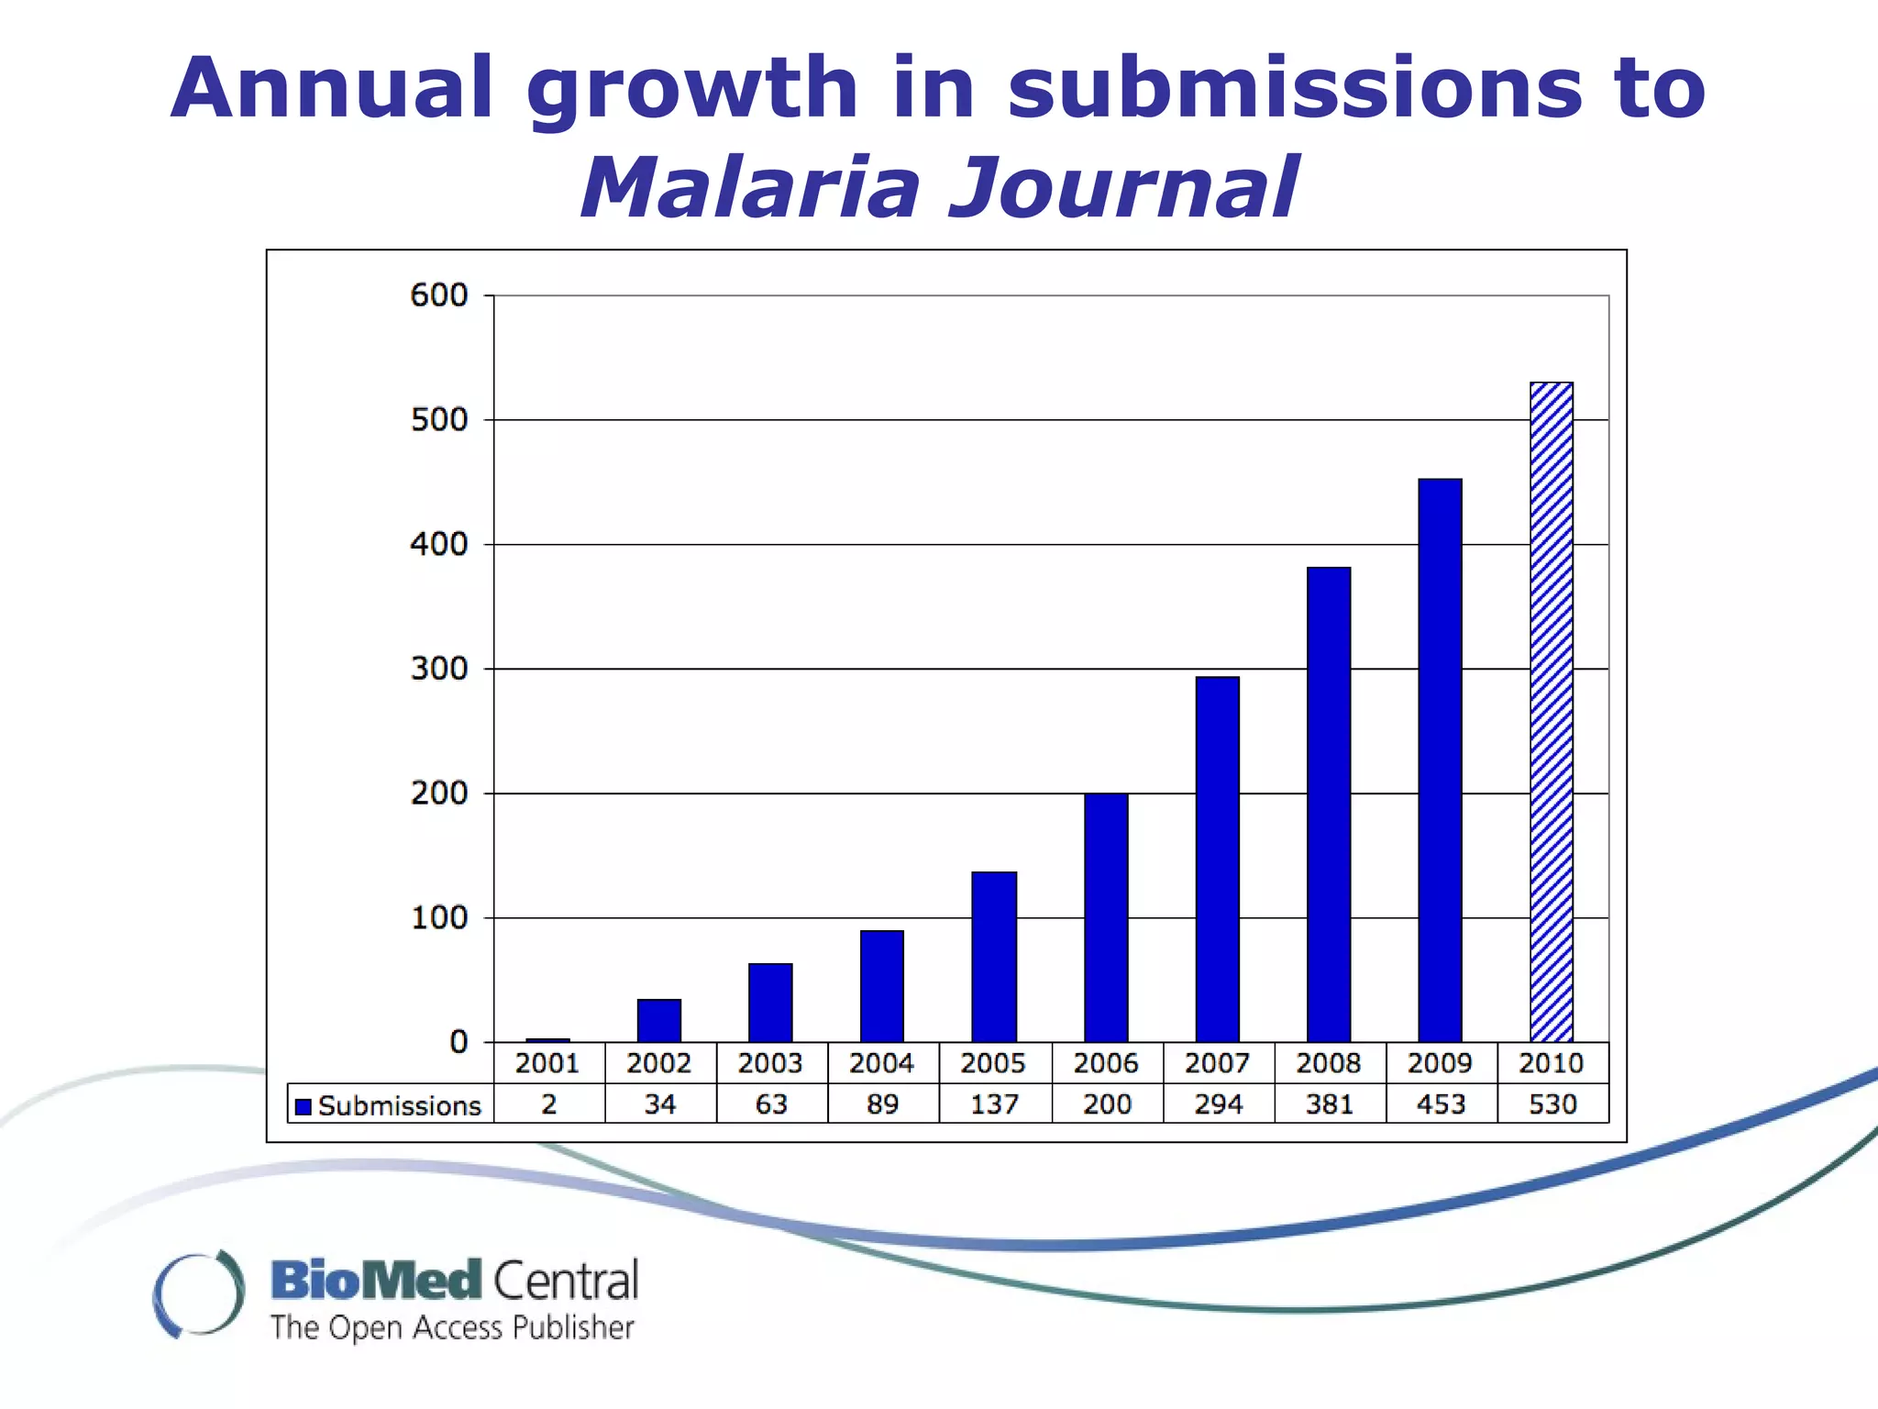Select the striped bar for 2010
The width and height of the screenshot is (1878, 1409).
(x=1552, y=712)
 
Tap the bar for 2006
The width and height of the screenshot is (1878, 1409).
(x=1106, y=917)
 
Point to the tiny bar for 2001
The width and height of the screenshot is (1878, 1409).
(x=547, y=1040)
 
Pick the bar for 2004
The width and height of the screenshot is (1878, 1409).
(x=882, y=986)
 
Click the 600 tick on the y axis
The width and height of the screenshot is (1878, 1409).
(x=439, y=295)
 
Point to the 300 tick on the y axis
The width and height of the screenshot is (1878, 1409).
(x=439, y=669)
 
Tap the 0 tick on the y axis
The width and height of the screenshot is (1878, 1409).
(x=458, y=1042)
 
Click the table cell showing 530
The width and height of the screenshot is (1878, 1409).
(x=1552, y=1104)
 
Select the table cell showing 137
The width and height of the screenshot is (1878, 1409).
(x=995, y=1104)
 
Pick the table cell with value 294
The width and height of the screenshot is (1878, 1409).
(x=1218, y=1104)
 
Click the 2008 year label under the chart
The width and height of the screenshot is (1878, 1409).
(x=1329, y=1063)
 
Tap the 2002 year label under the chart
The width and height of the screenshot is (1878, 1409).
(x=659, y=1063)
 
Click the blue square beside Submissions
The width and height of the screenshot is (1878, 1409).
(x=304, y=1106)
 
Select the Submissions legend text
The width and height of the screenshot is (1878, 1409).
(x=400, y=1106)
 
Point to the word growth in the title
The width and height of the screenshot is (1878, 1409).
(x=692, y=89)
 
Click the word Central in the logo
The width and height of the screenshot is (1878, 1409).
(x=566, y=1281)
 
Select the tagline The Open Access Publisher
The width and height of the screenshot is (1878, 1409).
(x=452, y=1327)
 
